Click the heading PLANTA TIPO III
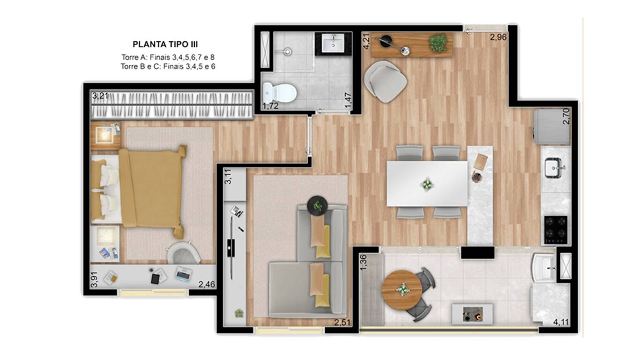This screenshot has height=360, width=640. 165,45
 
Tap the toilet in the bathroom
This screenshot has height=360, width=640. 279,92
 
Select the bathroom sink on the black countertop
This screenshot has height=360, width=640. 333,43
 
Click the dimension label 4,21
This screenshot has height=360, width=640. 366,41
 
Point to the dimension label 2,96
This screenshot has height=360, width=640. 499,37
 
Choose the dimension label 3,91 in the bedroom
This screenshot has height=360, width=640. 94,279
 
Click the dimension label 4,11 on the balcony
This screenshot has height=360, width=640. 561,322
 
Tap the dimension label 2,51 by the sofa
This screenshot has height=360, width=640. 342,322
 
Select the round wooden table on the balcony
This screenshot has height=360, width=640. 402,290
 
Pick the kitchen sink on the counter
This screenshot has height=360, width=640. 554,167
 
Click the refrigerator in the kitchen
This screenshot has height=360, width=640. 552,127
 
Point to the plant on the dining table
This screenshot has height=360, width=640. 427,184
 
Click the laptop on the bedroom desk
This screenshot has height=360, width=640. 183,274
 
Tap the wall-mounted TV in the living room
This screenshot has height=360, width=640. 231,248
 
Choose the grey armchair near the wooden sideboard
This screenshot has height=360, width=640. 386,82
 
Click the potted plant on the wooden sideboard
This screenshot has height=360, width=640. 438,43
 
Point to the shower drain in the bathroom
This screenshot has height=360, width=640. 287,52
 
